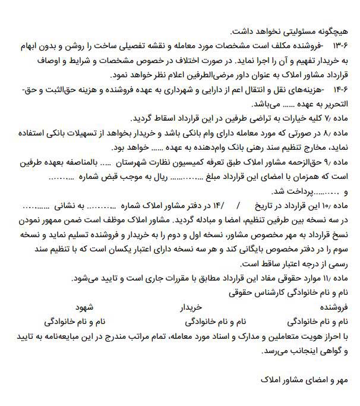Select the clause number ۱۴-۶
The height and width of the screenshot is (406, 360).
(339, 89)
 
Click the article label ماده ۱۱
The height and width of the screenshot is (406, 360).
(335, 278)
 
